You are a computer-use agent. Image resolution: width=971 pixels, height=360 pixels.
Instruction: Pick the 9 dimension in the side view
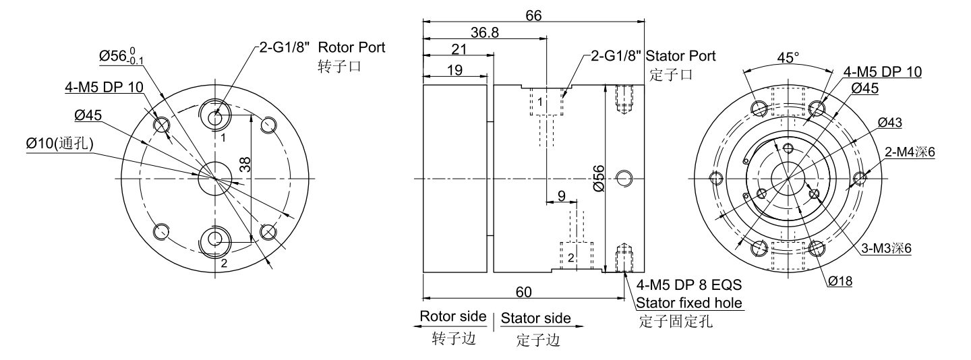point(561,196)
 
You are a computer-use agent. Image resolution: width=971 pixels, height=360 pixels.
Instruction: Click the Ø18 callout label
point(840,282)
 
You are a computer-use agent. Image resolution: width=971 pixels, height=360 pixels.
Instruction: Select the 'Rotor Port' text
point(351,49)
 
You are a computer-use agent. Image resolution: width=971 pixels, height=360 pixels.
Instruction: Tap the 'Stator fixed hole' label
point(690,303)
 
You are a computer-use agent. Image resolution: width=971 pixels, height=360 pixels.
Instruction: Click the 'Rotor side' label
point(453,317)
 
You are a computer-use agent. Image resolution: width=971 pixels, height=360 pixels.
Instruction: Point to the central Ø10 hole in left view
point(215,177)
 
